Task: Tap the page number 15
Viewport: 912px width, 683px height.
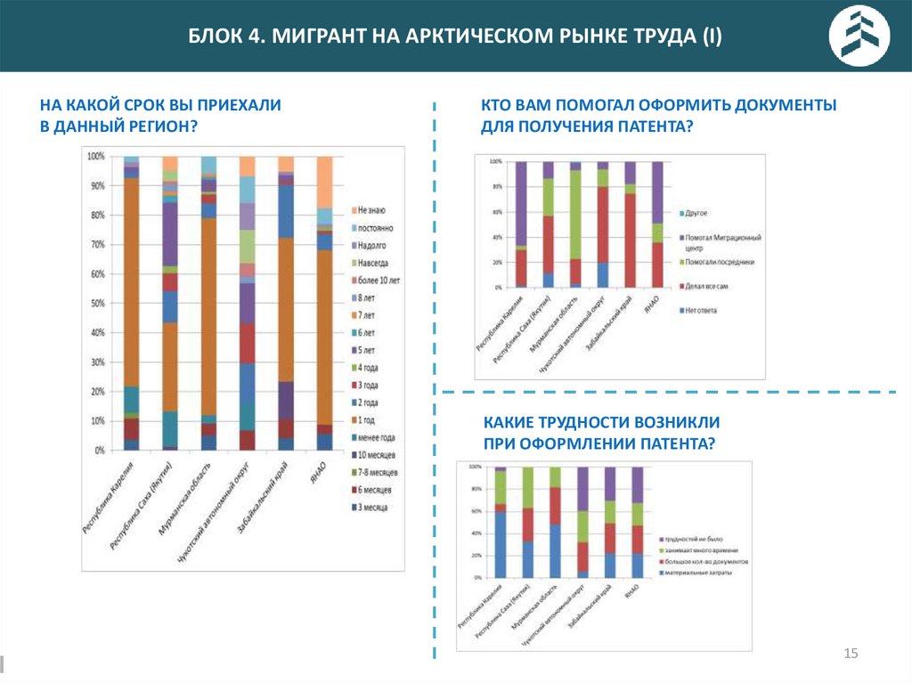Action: click(x=850, y=655)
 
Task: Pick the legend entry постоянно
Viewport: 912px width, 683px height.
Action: click(x=376, y=227)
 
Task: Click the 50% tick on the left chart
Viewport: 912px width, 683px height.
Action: click(x=95, y=304)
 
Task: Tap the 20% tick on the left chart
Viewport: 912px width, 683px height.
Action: click(x=95, y=392)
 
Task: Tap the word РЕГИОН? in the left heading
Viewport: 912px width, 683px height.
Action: click(x=159, y=126)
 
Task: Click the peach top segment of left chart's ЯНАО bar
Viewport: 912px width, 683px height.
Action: click(x=325, y=182)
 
